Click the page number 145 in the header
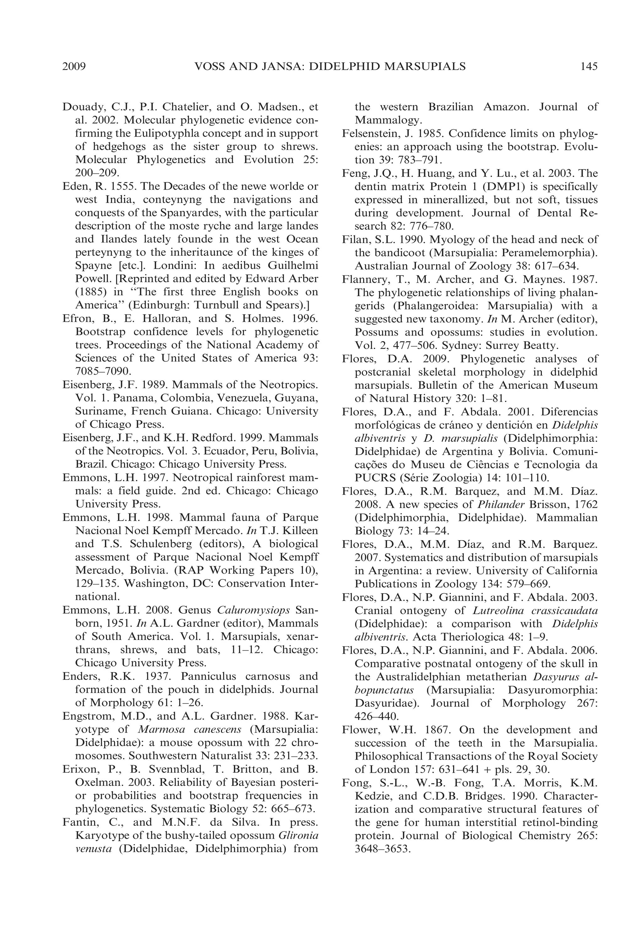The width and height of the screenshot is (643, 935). click(589, 67)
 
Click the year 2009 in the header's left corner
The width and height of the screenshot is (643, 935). click(74, 67)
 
